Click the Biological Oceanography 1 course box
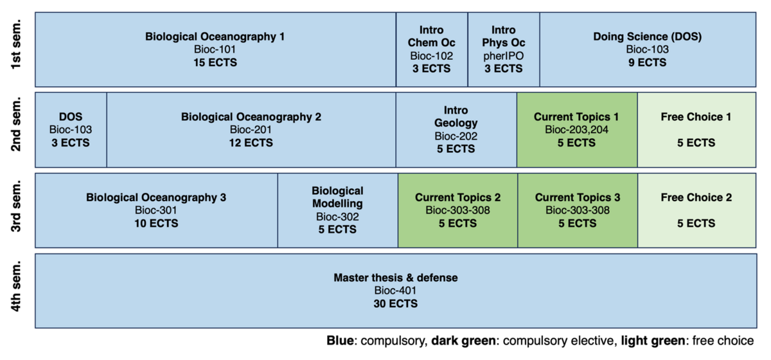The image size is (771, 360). tap(215, 50)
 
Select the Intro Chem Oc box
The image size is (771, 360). tap(431, 50)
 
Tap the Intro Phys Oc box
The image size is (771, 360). tap(503, 50)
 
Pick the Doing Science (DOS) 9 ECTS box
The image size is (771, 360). tap(647, 50)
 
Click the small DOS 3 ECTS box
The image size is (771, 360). tap(71, 130)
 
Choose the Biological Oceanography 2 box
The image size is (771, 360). tap(251, 130)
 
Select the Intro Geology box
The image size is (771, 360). tap(456, 130)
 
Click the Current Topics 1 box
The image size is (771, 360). tap(576, 130)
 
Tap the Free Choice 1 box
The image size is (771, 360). tap(696, 130)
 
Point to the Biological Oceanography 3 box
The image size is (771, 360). tap(156, 210)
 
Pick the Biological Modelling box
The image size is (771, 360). tap(337, 210)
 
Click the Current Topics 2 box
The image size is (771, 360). tap(457, 210)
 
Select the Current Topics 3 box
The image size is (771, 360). tap(577, 210)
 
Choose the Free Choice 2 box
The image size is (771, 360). tap(696, 210)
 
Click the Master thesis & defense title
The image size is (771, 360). tap(395, 278)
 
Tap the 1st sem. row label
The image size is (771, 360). tap(17, 50)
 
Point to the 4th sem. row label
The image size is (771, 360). tap(17, 291)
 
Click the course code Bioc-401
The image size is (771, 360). tap(395, 291)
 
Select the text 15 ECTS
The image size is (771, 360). tap(215, 62)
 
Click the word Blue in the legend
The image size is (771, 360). tap(340, 340)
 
